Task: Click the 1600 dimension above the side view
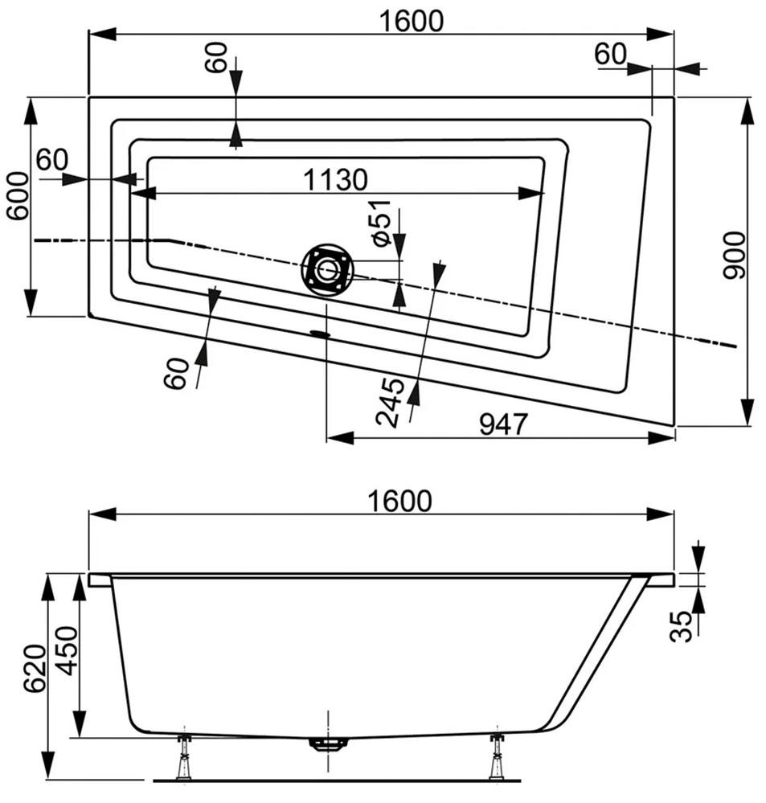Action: pyautogui.click(x=401, y=501)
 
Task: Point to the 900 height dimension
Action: pyautogui.click(x=734, y=254)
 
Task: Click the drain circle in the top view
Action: pyautogui.click(x=326, y=269)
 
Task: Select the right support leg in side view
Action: pyautogui.click(x=497, y=756)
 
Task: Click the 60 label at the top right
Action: pyautogui.click(x=610, y=54)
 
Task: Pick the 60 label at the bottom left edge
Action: pyautogui.click(x=178, y=372)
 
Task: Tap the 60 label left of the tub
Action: pyautogui.click(x=51, y=159)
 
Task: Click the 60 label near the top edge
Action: pyautogui.click(x=216, y=59)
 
